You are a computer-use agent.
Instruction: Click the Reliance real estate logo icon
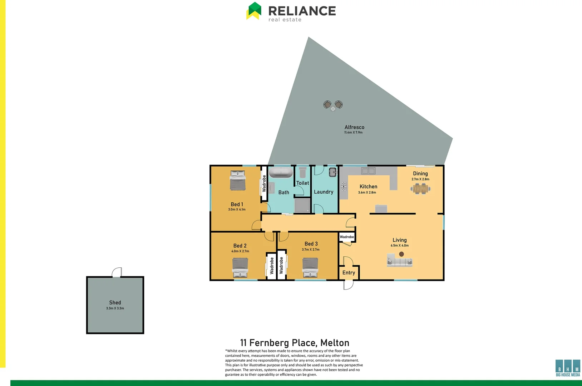[254, 11]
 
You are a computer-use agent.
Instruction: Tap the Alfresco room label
[354, 127]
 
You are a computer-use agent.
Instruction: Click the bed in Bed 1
[238, 180]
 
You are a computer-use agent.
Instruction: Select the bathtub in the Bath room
[281, 173]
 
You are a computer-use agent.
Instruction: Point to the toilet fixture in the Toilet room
[303, 172]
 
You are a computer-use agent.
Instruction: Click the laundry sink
[332, 172]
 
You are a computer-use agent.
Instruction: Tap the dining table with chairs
[420, 188]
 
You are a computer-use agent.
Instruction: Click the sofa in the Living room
[399, 261]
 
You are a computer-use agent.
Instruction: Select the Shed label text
[115, 303]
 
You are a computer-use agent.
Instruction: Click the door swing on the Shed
[117, 272]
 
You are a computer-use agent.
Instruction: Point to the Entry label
[349, 273]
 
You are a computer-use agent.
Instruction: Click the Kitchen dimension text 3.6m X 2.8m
[367, 193]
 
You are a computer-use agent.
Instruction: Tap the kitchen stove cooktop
[344, 186]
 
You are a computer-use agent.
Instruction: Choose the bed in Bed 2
[240, 267]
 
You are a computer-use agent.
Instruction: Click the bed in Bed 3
[310, 267]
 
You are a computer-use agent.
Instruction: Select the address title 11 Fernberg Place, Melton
[295, 343]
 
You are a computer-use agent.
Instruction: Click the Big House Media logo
[568, 368]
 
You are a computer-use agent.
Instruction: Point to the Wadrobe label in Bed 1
[264, 183]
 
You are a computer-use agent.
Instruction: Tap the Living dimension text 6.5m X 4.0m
[400, 246]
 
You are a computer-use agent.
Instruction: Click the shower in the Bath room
[302, 206]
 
